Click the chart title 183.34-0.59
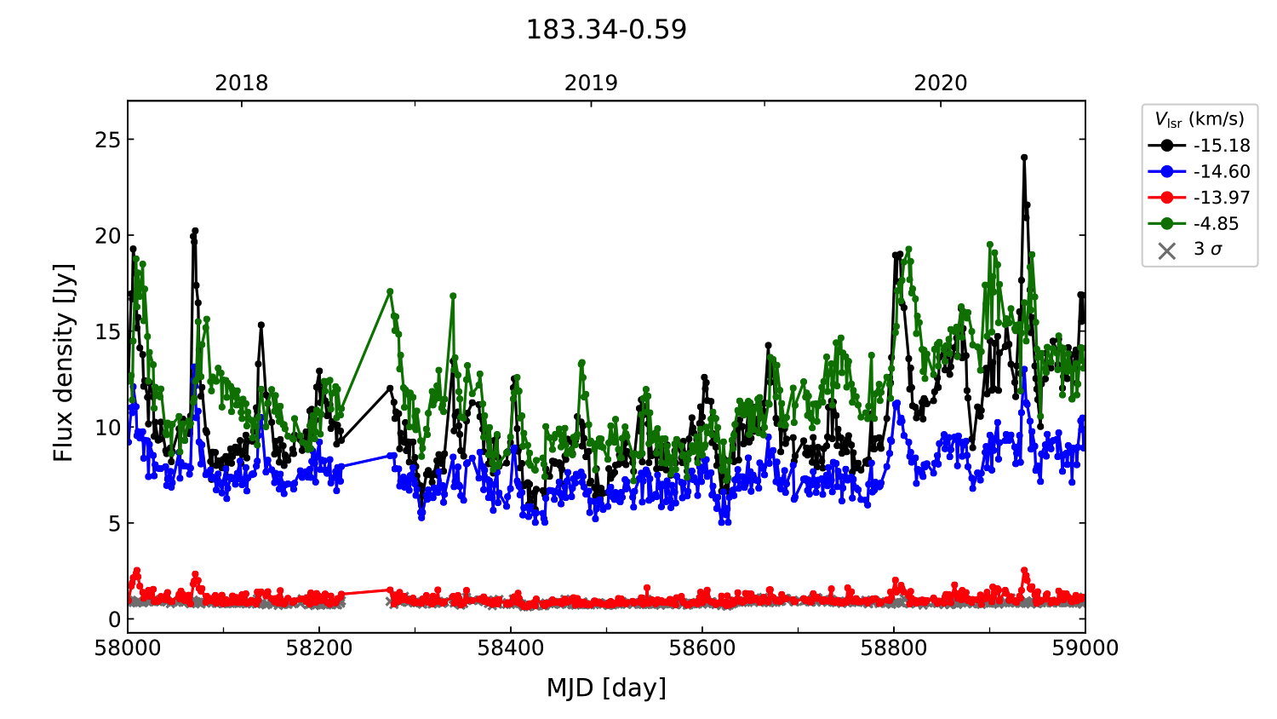tap(606, 30)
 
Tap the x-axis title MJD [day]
tap(606, 687)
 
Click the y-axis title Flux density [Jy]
tap(64, 363)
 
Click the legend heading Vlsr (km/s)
tap(1199, 119)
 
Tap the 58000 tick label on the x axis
tap(128, 648)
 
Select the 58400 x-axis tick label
tap(511, 648)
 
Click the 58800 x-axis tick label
tap(894, 648)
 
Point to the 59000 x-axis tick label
tap(1085, 648)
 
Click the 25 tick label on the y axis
tap(108, 140)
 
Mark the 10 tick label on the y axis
tap(108, 428)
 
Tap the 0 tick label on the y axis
tap(114, 619)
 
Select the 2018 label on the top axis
tap(241, 83)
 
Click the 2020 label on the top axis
tap(941, 83)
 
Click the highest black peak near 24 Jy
tap(1024, 158)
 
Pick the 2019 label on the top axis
tap(591, 83)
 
